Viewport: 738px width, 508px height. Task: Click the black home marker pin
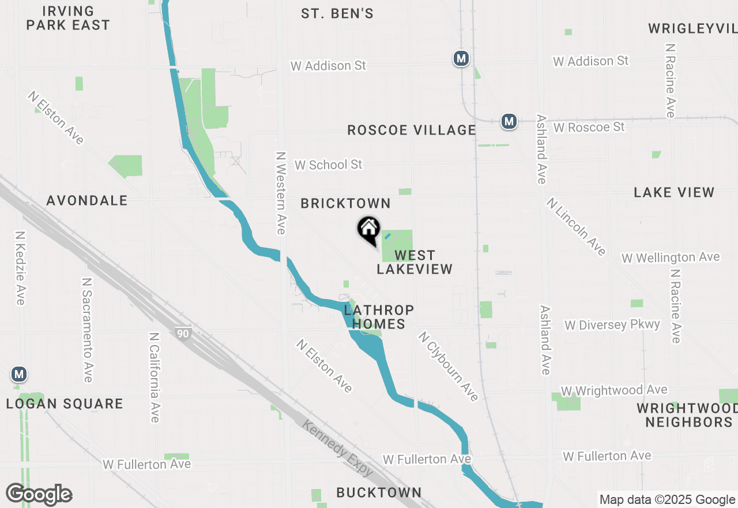pyautogui.click(x=369, y=230)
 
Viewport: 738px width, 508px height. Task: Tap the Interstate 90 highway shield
pyautogui.click(x=183, y=333)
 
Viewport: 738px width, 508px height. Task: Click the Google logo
pyautogui.click(x=39, y=494)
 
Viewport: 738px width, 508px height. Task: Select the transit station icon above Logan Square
pyautogui.click(x=20, y=374)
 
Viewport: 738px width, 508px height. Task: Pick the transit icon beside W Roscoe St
pyautogui.click(x=509, y=121)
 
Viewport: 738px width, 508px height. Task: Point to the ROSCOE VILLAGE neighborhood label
pyautogui.click(x=412, y=130)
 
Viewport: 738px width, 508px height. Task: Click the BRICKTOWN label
pyautogui.click(x=345, y=203)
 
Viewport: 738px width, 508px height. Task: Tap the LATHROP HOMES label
pyautogui.click(x=378, y=317)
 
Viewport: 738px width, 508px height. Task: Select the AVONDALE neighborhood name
pyautogui.click(x=87, y=200)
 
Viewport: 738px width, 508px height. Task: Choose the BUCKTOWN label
pyautogui.click(x=379, y=492)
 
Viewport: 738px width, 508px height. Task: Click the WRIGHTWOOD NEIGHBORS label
pyautogui.click(x=684, y=415)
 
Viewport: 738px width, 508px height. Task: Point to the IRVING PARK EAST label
pyautogui.click(x=68, y=18)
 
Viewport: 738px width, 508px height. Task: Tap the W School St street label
pyautogui.click(x=328, y=165)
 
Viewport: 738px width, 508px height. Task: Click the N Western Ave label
pyautogui.click(x=281, y=193)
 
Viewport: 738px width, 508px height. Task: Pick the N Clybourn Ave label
pyautogui.click(x=449, y=366)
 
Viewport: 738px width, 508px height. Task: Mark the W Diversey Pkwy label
pyautogui.click(x=612, y=324)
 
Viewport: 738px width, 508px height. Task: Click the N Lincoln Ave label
pyautogui.click(x=576, y=226)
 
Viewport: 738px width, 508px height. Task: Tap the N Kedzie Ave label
pyautogui.click(x=20, y=268)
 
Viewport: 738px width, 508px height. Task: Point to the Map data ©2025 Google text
pyautogui.click(x=667, y=500)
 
